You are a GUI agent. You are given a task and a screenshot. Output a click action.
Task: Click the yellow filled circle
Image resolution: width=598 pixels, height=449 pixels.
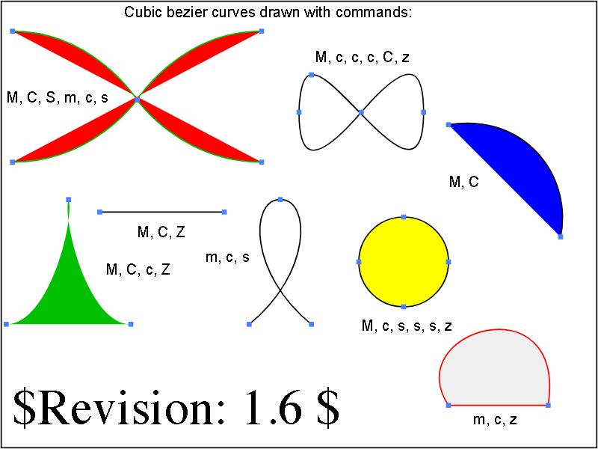coord(404,261)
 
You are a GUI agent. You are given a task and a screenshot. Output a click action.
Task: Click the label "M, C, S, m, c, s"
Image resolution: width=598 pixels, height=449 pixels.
coord(58,98)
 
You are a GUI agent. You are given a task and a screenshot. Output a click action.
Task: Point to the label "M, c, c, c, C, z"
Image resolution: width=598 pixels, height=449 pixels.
coord(363,58)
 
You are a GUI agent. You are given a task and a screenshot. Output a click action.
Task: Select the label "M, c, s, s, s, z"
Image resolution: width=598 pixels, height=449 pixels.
coord(407,326)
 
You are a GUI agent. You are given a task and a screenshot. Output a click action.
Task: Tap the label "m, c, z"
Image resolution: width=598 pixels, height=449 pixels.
coord(495,420)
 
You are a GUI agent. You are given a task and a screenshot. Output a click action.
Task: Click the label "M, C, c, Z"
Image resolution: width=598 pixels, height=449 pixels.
coord(138,270)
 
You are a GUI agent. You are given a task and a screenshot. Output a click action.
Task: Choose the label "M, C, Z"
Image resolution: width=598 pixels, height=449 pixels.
coord(161,232)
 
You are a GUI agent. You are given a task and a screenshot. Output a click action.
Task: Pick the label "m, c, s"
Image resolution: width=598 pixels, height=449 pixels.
coord(227,257)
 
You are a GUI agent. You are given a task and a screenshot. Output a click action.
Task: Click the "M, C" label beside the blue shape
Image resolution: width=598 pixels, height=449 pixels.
coord(463,182)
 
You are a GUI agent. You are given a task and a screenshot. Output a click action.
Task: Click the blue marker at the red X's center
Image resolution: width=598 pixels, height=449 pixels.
coord(137,100)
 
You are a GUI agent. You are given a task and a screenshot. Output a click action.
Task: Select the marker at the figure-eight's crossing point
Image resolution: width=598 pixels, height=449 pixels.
coord(361,112)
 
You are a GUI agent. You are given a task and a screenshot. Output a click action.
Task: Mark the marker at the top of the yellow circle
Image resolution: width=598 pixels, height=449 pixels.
coord(404,217)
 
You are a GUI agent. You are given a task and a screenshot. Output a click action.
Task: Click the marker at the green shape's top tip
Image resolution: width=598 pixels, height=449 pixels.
coord(68,199)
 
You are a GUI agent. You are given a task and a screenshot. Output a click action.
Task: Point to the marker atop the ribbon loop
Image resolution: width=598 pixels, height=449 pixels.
coord(280,199)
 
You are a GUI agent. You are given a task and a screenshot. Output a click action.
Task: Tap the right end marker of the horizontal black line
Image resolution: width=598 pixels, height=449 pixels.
coord(224,212)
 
